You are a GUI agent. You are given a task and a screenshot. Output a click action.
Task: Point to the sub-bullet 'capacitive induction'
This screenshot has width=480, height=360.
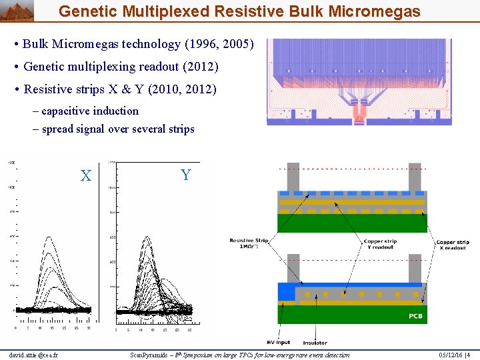[90, 111]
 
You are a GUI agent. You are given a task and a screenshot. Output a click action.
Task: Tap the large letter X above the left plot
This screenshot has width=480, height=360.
[85, 176]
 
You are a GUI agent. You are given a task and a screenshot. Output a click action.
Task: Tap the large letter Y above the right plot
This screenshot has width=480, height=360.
[185, 175]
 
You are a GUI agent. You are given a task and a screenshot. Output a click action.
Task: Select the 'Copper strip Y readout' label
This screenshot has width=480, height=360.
[380, 244]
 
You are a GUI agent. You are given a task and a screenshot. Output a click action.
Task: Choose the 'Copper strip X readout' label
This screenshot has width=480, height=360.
[453, 245]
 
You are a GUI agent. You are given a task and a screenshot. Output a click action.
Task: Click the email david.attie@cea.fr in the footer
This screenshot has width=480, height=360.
[34, 355]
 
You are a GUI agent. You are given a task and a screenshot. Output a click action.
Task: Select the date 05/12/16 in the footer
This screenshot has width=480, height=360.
[443, 355]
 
